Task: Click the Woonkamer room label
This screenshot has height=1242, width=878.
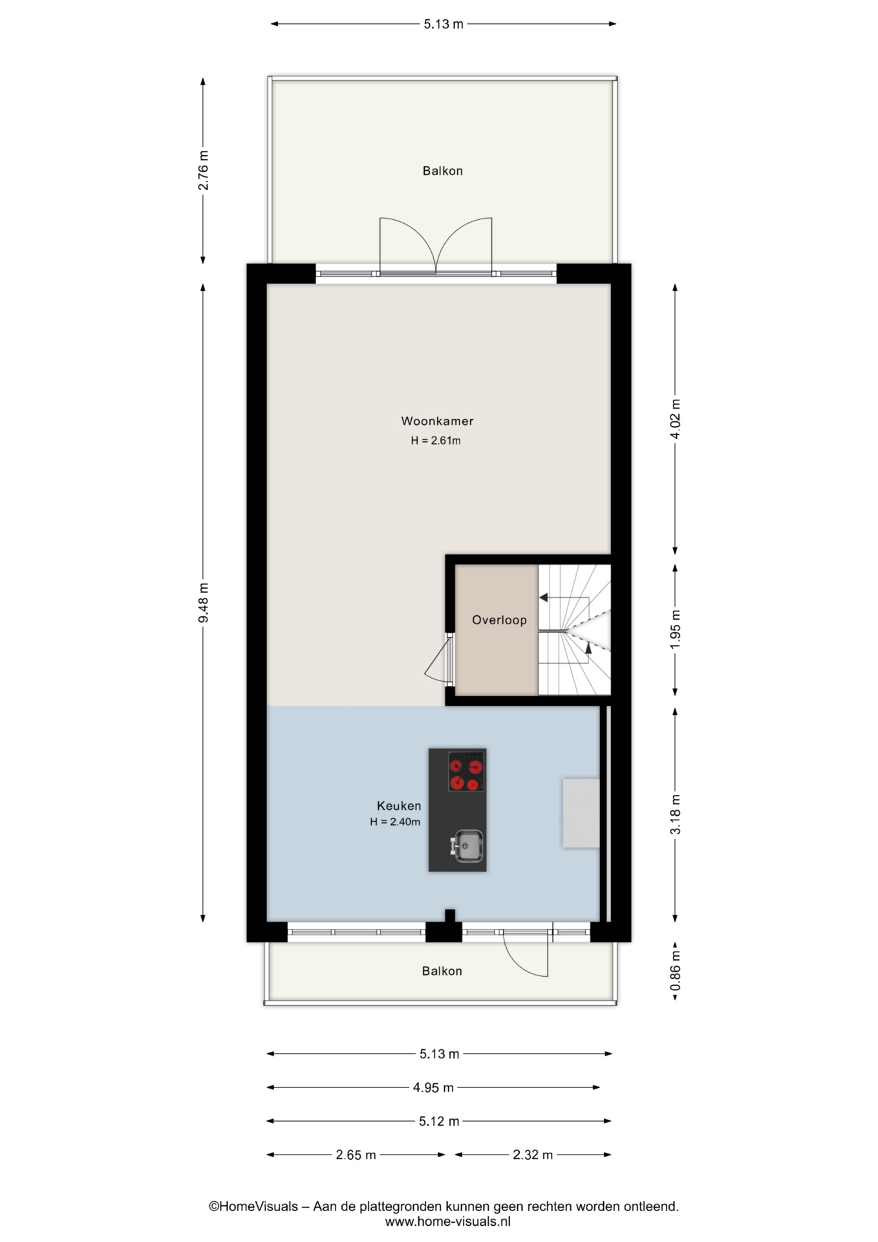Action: click(x=437, y=421)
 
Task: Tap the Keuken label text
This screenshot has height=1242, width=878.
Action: click(x=399, y=806)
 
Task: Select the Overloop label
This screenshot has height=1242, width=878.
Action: click(x=499, y=620)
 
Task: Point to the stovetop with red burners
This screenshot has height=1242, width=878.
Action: click(x=467, y=771)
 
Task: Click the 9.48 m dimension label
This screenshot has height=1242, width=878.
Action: click(x=203, y=603)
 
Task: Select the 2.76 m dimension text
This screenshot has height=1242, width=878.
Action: click(x=203, y=171)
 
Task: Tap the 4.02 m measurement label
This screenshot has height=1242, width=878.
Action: click(x=675, y=419)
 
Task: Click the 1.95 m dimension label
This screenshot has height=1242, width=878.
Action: click(x=675, y=629)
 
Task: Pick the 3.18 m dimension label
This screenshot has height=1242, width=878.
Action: click(x=675, y=814)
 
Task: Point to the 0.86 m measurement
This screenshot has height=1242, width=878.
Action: click(x=675, y=970)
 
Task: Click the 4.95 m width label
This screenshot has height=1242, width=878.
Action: click(x=433, y=1087)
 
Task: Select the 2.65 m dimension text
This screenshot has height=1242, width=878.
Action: click(x=356, y=1155)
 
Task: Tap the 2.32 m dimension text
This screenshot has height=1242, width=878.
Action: click(x=533, y=1155)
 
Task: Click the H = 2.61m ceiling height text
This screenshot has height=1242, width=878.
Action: click(x=436, y=441)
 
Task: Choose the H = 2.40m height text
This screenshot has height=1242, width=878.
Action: click(x=395, y=822)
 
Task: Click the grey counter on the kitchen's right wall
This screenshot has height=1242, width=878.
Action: click(x=581, y=813)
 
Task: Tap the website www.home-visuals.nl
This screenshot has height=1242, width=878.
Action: click(x=447, y=1221)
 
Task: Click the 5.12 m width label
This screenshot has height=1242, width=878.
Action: click(x=439, y=1121)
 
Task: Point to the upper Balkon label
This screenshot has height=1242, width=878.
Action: click(x=443, y=171)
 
